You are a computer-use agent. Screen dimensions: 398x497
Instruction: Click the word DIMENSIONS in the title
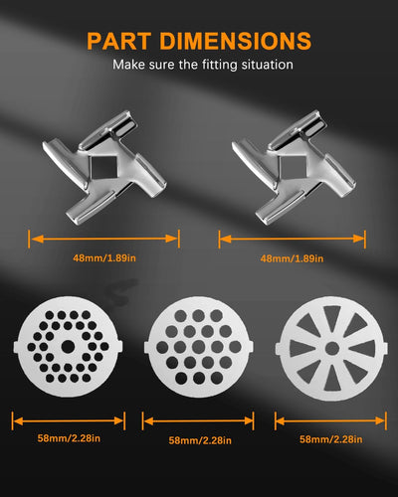235,41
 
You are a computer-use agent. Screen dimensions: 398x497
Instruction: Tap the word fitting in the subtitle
220,65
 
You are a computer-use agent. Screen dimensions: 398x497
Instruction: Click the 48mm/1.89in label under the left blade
104,257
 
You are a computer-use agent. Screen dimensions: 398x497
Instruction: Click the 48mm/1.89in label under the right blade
292,258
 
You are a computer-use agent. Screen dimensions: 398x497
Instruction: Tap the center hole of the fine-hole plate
68,347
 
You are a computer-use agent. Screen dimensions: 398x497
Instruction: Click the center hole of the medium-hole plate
199,347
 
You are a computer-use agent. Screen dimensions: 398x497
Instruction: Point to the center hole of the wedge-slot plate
331,349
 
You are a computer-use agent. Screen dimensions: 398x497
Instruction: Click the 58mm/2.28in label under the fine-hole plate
69,438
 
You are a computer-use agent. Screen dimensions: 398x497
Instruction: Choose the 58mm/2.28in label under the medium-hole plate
200,440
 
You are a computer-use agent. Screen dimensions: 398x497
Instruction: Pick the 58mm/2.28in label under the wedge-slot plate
331,439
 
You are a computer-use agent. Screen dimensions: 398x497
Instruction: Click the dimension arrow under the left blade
104,239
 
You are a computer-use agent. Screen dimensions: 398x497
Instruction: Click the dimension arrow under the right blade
293,239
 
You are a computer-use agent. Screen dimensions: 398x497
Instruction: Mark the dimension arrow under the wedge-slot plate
330,420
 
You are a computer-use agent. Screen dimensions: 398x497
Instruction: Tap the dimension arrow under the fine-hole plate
69,420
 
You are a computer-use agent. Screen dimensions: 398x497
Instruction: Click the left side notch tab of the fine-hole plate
16,347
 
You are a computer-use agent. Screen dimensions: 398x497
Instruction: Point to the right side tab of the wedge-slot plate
385,349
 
